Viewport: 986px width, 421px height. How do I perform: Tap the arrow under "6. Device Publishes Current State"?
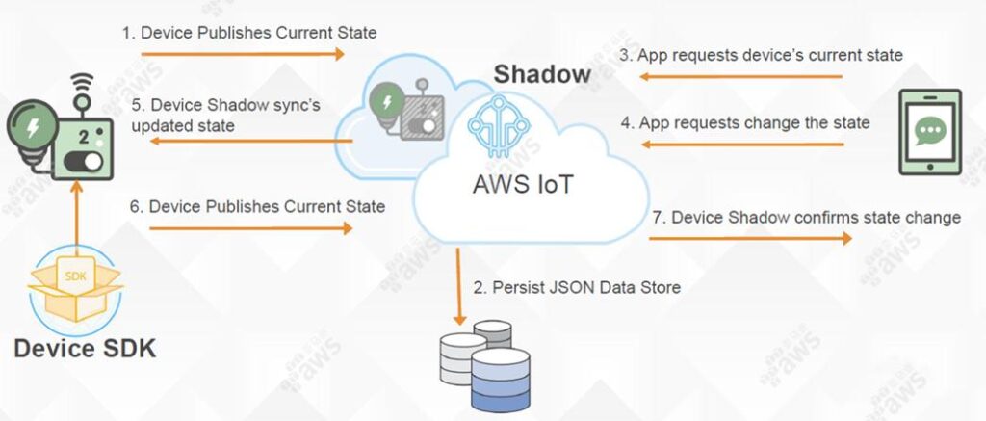point(250,228)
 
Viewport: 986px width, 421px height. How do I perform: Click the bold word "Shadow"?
point(542,74)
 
